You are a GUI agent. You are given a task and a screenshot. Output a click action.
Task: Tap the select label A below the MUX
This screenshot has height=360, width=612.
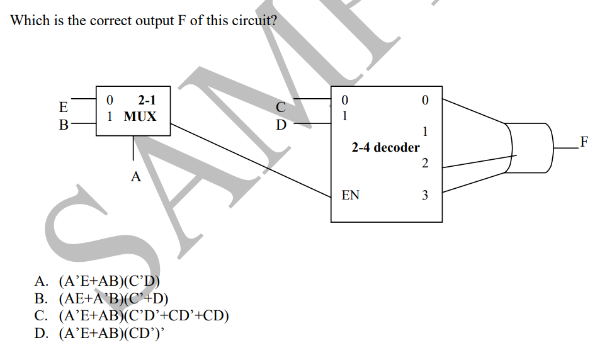point(135,177)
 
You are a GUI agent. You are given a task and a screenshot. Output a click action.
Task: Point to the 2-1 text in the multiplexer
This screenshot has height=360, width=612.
point(147,99)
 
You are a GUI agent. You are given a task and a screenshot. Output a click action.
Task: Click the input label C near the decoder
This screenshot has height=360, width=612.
point(281,106)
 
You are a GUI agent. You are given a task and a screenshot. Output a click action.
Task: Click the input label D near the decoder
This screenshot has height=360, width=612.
point(281,124)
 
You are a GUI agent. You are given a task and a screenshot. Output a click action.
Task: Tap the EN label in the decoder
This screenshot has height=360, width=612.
point(350,195)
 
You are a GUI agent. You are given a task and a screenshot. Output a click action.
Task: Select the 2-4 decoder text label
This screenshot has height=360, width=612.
point(385,147)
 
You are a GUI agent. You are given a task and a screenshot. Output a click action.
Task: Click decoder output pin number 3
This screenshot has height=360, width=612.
point(424,195)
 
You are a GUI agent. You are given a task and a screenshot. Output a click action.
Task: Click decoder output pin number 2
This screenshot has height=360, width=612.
point(424,164)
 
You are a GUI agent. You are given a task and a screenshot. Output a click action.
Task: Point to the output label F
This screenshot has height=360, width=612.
point(584,142)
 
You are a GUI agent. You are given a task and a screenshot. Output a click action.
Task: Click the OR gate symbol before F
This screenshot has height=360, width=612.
point(529,147)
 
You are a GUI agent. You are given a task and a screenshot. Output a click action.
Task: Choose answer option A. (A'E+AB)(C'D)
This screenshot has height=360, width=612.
point(98,281)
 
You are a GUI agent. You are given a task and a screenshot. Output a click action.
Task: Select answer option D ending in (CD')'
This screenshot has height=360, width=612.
point(101,332)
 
